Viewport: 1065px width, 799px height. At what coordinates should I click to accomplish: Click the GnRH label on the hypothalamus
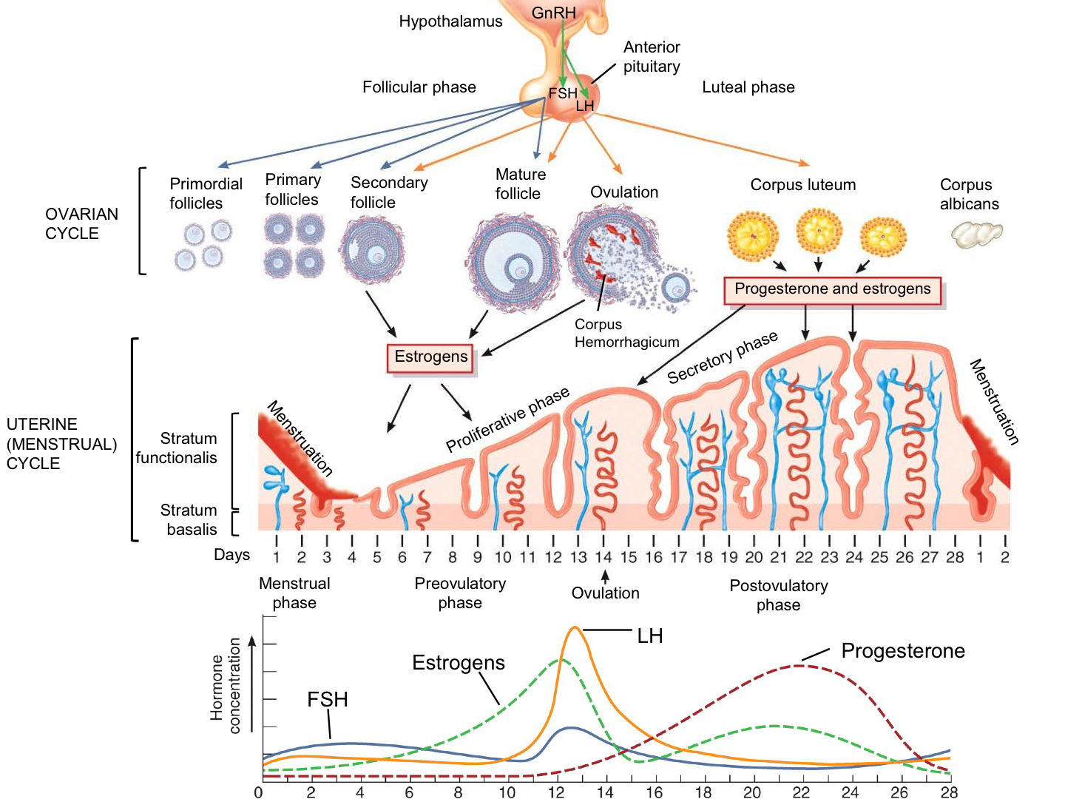[553, 13]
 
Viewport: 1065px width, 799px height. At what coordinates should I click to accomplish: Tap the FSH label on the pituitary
[562, 93]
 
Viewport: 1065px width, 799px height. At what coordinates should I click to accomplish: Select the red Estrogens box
[431, 357]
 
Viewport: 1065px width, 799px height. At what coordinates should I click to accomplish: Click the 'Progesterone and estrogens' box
[832, 289]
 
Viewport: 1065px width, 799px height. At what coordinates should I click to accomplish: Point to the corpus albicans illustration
[976, 235]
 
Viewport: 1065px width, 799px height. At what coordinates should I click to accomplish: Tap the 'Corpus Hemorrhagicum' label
[626, 333]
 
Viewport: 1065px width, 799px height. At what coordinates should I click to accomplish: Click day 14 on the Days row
[603, 557]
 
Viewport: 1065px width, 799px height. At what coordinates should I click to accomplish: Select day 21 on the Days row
[779, 557]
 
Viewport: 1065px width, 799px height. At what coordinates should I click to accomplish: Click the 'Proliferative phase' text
[507, 419]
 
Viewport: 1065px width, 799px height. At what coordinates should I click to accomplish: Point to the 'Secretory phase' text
[722, 357]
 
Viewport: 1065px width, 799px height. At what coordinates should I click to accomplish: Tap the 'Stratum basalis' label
[189, 519]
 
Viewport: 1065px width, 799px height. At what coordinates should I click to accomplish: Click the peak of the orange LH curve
[575, 627]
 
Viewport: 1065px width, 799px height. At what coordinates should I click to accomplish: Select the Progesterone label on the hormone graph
[903, 651]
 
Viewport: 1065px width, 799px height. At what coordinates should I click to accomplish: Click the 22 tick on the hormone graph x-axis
[801, 792]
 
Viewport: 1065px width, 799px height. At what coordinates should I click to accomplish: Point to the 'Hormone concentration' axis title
[225, 686]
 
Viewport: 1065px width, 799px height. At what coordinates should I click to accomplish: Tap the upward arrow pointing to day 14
[605, 576]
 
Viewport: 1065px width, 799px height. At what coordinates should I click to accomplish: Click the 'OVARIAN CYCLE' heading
[81, 223]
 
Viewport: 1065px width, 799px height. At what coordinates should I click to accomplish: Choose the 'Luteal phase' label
[748, 87]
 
